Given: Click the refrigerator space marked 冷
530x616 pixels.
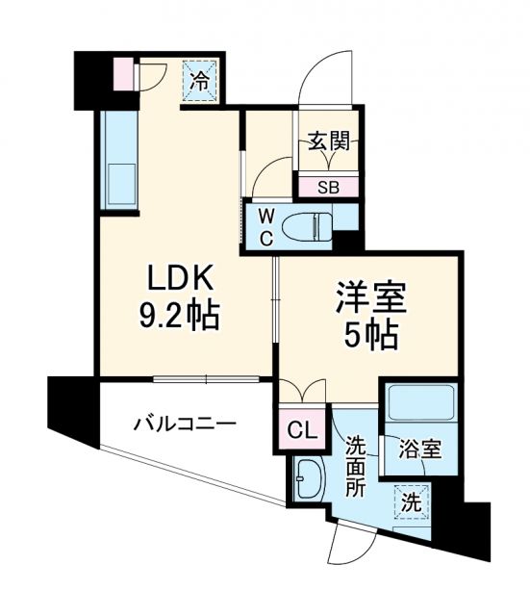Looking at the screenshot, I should pos(200,82).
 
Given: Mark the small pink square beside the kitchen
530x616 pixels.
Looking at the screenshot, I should pos(122,74).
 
